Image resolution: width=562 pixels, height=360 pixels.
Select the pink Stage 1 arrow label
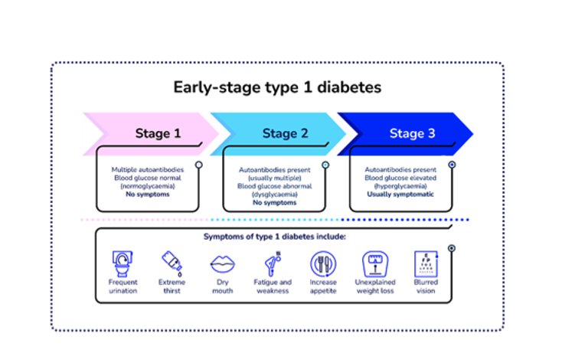coord(158,133)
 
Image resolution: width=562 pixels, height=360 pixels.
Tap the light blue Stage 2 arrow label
coord(285,133)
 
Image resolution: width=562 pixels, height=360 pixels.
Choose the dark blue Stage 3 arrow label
coord(411,133)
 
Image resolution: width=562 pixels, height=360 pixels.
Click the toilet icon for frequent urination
coord(123,263)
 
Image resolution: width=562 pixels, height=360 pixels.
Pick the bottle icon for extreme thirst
coord(171,263)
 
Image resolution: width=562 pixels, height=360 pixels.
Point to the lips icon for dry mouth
coord(221,263)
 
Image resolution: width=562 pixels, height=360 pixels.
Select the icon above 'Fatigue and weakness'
coord(273,263)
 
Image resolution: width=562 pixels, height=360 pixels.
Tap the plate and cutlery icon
coord(322,263)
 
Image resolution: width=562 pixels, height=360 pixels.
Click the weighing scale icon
coord(375,263)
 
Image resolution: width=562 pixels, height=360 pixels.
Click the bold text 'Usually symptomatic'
coord(400,194)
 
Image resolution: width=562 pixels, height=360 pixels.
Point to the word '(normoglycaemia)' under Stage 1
coord(147,185)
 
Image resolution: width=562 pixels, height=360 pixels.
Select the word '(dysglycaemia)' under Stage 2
coord(273,195)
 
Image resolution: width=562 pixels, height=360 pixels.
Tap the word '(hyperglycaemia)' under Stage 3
coord(400,185)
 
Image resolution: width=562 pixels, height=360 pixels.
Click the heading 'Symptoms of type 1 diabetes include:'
coord(275,237)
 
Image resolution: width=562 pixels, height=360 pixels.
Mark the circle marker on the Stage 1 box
coord(198,165)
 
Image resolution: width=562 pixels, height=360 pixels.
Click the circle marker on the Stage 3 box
coord(452,165)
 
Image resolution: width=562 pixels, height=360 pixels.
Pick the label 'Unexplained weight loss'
coord(375,286)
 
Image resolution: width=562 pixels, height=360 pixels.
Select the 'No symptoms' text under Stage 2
coord(273,203)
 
